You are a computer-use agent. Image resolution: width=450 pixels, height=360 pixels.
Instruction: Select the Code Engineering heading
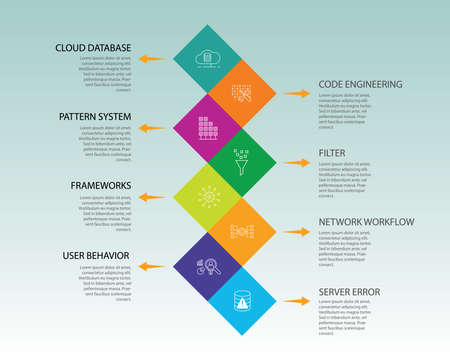click(x=360, y=85)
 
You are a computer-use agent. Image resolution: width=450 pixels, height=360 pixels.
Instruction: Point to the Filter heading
click(x=332, y=154)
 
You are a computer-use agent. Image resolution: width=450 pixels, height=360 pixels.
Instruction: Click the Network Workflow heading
click(x=366, y=222)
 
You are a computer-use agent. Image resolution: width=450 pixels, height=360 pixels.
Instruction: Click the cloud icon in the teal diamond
click(x=208, y=57)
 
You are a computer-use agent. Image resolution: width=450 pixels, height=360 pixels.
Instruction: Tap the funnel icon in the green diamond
click(x=241, y=161)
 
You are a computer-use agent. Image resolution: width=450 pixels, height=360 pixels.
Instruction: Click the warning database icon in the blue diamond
click(x=241, y=299)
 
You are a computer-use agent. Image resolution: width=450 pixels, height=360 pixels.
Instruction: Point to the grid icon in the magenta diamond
click(x=208, y=128)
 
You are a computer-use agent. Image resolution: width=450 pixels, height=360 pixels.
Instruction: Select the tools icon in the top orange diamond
click(x=241, y=93)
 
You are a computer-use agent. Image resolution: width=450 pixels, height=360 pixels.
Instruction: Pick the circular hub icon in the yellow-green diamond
click(x=208, y=196)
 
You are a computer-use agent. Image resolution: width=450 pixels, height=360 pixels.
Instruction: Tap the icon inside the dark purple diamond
click(x=208, y=266)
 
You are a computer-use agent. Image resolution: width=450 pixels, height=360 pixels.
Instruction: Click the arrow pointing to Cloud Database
click(x=151, y=59)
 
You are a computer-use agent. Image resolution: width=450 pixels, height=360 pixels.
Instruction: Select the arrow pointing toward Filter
click(x=296, y=162)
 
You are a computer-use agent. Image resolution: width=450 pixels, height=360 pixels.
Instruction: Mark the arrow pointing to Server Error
click(x=296, y=300)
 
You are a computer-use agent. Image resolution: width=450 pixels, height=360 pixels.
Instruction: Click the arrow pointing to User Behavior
click(x=151, y=267)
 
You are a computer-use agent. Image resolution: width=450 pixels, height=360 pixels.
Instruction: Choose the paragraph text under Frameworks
click(x=100, y=213)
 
